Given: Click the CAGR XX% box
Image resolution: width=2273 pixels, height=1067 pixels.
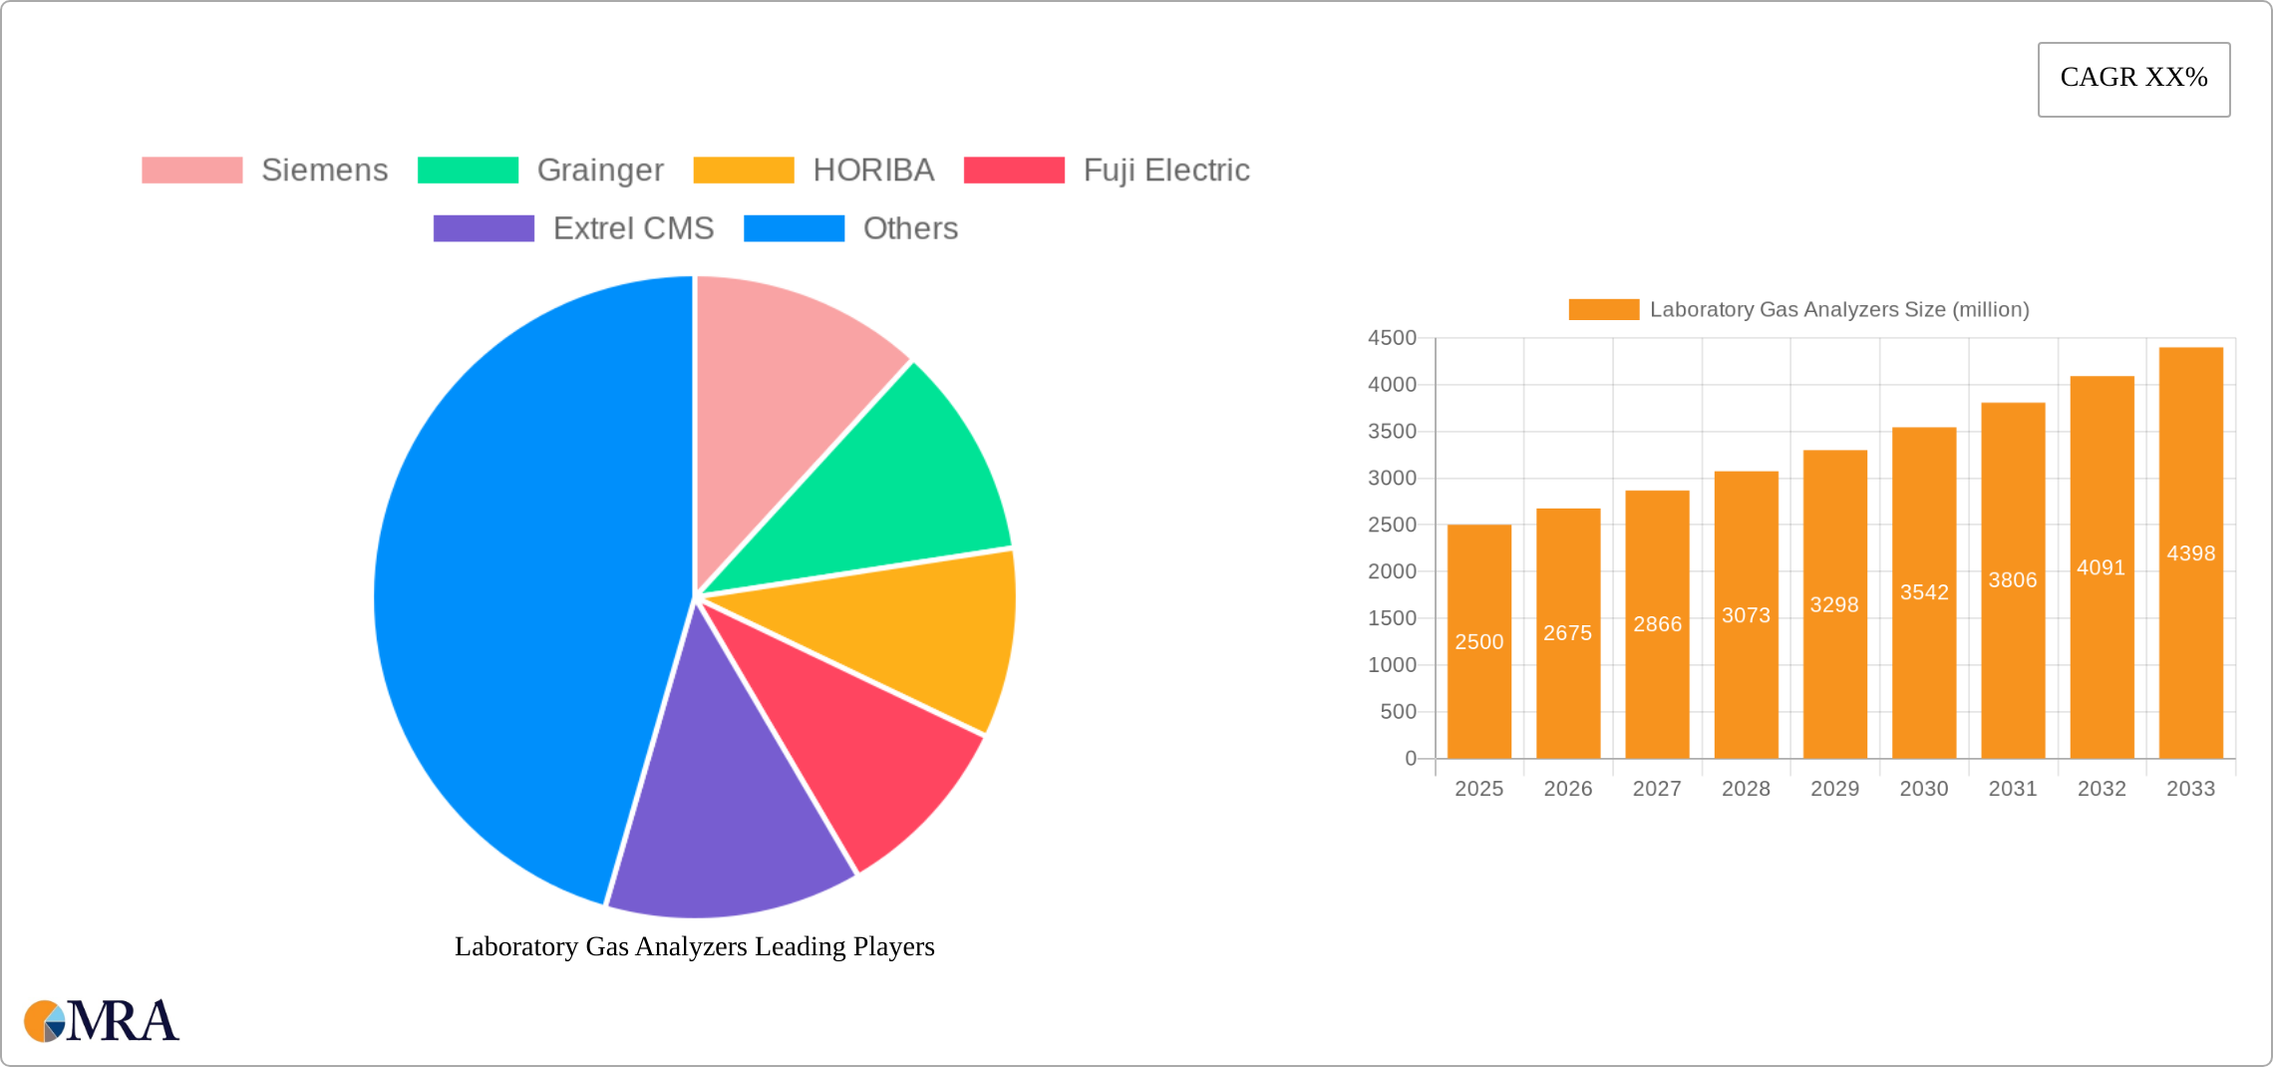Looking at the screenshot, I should [2133, 79].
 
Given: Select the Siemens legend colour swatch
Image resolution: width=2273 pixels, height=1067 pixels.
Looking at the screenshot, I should [191, 171].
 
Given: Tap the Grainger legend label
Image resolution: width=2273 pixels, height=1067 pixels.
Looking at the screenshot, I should [600, 171].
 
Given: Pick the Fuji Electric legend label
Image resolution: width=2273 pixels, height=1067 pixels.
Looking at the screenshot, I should [1165, 171].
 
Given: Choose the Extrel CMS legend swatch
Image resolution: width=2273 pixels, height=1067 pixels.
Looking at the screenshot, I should [484, 228].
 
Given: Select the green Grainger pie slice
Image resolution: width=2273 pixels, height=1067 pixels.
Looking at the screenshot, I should [897, 489].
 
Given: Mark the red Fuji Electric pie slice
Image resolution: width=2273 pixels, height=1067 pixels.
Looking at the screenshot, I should [857, 738].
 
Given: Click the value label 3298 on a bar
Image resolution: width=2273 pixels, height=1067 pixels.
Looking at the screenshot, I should [1834, 605].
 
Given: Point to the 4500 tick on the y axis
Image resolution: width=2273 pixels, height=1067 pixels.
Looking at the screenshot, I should [1392, 338].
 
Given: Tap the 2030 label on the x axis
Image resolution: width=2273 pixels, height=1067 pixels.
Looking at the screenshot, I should [1923, 789].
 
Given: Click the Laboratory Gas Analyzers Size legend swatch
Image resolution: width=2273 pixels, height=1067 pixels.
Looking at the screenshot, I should [1603, 310].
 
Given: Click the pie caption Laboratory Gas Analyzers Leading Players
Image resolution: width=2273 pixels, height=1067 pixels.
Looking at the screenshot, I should [695, 946].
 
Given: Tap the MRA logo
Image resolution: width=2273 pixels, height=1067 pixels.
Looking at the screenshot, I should [101, 1021].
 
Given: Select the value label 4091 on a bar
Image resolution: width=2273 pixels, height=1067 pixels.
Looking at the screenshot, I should [2101, 567].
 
